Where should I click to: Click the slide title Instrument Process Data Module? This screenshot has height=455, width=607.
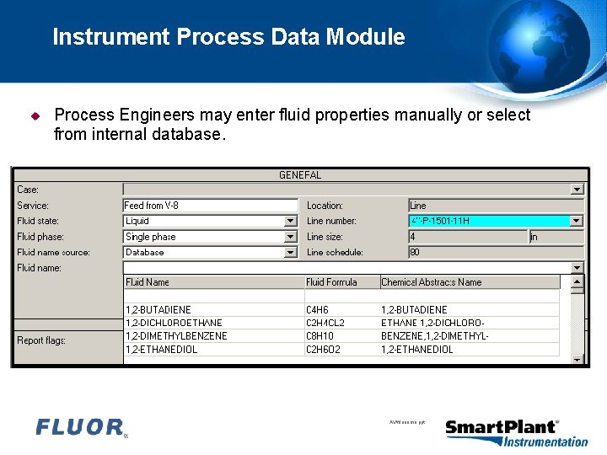click(x=228, y=37)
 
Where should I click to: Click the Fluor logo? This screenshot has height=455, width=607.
click(x=81, y=428)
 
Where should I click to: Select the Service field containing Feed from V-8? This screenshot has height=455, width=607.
click(x=210, y=206)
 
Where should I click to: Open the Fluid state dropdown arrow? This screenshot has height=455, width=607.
click(x=291, y=222)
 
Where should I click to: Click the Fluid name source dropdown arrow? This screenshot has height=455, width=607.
click(x=291, y=252)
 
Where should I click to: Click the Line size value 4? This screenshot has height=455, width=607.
click(x=467, y=237)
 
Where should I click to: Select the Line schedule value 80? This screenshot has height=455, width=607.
click(x=495, y=252)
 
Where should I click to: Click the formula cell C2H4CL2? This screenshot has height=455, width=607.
click(x=325, y=323)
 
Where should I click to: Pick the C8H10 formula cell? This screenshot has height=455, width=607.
click(x=320, y=336)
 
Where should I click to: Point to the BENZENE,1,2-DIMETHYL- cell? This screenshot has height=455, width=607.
click(x=435, y=336)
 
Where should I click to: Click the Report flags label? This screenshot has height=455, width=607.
click(x=41, y=340)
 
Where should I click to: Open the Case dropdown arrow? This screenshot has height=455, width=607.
click(x=577, y=190)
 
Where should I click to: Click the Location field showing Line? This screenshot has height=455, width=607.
click(x=495, y=206)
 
